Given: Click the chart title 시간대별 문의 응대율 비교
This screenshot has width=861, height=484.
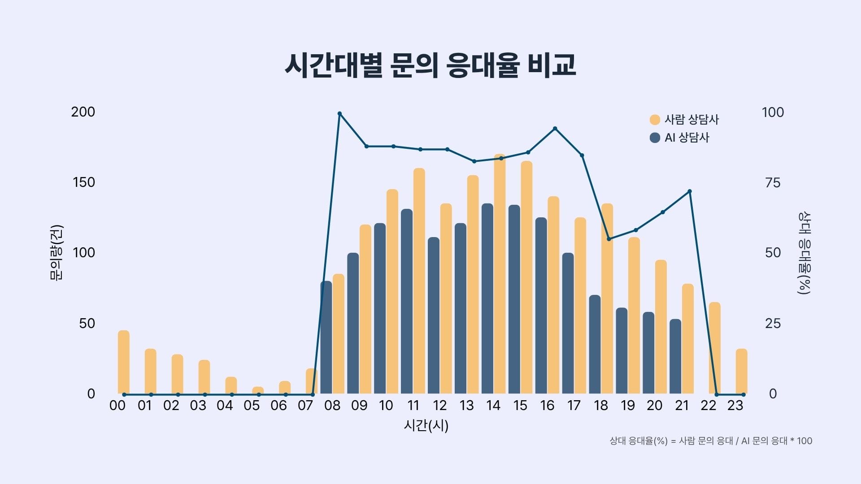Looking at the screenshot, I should (x=430, y=66).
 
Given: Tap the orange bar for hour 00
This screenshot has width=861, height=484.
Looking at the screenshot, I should (x=124, y=362).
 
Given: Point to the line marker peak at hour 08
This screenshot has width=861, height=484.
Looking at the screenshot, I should (x=339, y=113).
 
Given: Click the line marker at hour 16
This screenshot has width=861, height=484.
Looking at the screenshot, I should (x=555, y=129).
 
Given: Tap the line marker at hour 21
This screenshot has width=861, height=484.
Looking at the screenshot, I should (x=690, y=191).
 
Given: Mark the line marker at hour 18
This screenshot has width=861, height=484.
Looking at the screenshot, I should (x=609, y=239).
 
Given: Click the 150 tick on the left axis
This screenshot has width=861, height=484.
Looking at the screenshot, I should (x=84, y=182).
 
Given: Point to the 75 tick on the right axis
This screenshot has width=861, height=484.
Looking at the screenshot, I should (x=773, y=182).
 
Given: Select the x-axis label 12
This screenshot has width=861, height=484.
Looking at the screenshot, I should (x=439, y=406).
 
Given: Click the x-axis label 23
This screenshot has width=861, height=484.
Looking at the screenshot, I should (x=735, y=406).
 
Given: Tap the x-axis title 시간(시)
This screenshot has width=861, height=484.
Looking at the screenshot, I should (x=426, y=425).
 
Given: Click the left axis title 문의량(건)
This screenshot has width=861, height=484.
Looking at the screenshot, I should (x=57, y=253).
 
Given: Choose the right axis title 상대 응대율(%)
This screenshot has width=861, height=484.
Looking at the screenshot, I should (x=804, y=253).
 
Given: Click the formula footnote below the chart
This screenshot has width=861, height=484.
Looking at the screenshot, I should (x=711, y=441).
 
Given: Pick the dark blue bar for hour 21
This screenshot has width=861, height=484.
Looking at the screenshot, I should (x=675, y=356).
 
